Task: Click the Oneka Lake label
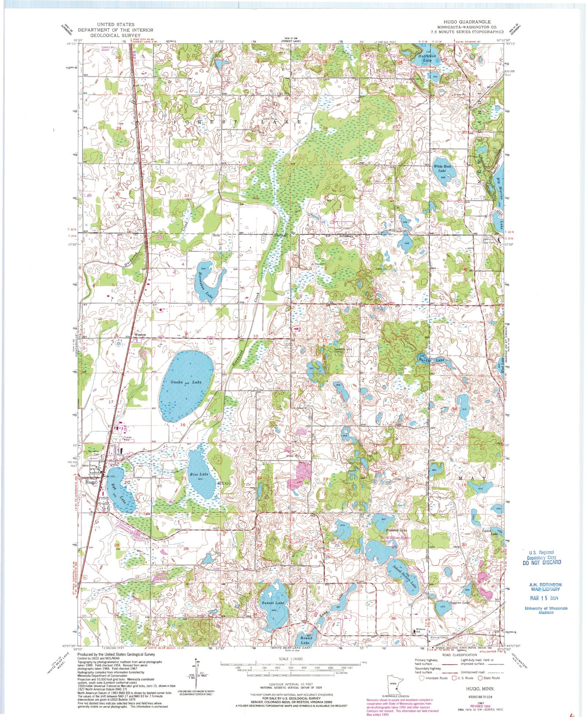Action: [x=186, y=382]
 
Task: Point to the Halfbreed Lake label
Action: [x=427, y=58]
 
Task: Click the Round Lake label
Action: [x=305, y=640]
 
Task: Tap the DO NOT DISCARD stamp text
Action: [x=542, y=562]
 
